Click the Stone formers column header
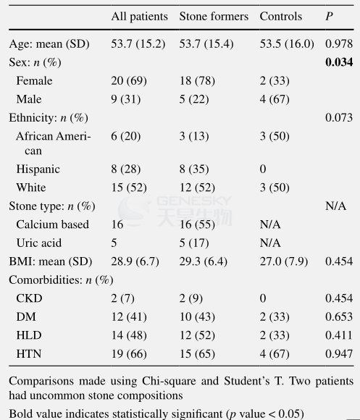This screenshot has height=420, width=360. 214,17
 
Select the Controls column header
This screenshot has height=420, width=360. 281,17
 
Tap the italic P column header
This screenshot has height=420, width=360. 329,17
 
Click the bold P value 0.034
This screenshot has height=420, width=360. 339,62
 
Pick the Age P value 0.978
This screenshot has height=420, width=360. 339,43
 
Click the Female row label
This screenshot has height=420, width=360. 34,80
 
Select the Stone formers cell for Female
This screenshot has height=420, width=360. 197,80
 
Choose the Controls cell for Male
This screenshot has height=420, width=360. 275,99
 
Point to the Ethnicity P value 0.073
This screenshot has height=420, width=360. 339,117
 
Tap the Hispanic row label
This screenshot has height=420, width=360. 38,169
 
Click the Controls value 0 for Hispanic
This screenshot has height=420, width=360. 263,169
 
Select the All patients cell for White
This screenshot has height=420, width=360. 129,188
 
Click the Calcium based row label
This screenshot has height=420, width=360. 52,224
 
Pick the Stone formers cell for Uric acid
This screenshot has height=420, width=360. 194,243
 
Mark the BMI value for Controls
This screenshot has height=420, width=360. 284,261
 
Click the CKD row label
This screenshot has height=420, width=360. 29,298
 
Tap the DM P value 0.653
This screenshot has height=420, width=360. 339,317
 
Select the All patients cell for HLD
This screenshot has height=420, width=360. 129,335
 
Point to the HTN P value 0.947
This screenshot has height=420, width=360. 339,354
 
